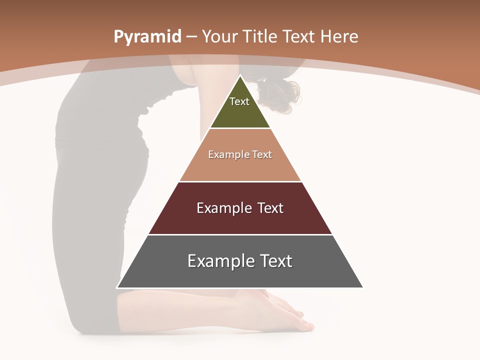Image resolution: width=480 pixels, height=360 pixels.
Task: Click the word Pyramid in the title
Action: (x=147, y=37)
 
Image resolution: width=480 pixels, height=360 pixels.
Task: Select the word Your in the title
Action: (x=220, y=37)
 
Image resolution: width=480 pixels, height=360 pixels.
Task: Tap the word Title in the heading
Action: (x=260, y=37)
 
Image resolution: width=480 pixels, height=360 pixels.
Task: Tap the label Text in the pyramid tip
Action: (x=239, y=101)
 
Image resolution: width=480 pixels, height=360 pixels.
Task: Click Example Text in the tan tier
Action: (x=240, y=154)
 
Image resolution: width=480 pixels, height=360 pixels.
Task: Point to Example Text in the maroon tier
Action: (x=240, y=208)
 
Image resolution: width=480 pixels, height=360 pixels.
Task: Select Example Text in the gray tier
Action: (x=240, y=261)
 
